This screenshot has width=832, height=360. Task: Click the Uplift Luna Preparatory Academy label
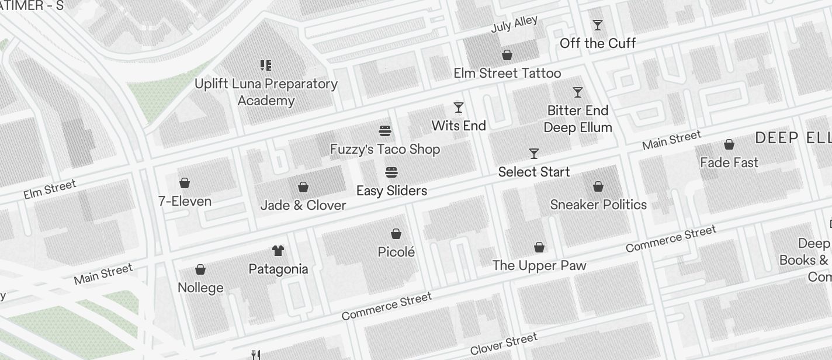266,92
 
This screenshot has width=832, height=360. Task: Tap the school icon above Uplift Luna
266,65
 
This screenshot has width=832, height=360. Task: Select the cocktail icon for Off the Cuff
597,25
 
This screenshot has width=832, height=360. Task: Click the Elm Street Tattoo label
507,73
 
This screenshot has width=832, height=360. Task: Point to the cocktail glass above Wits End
459,108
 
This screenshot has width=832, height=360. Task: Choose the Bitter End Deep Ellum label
577,119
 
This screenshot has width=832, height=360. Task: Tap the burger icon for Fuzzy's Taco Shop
385,131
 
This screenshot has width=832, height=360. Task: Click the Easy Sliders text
391,191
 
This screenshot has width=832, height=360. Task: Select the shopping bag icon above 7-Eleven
185,183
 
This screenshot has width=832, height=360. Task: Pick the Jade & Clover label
303,205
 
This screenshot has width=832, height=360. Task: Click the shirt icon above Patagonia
278,251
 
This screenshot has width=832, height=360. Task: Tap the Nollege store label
200,288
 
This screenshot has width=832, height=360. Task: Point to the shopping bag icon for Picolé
396,234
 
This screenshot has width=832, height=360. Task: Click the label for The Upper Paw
539,265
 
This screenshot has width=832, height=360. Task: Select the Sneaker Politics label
598,205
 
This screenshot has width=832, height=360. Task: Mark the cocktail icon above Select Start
534,154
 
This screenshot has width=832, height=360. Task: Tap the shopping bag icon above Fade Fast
729,144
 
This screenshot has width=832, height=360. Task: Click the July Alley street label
514,25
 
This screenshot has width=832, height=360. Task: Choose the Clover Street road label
503,344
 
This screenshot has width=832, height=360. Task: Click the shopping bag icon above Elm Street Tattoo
507,55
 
